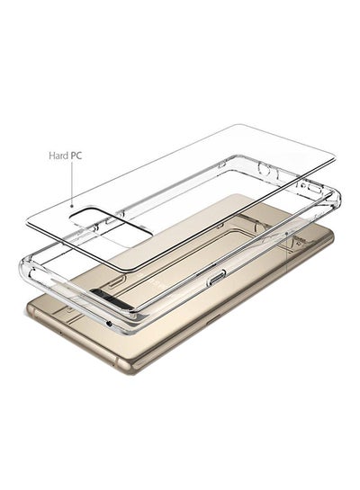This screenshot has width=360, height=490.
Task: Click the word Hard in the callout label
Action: point(60,155)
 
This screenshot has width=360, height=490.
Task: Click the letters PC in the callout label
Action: point(82,155)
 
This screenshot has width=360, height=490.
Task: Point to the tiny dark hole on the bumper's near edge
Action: point(109,322)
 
